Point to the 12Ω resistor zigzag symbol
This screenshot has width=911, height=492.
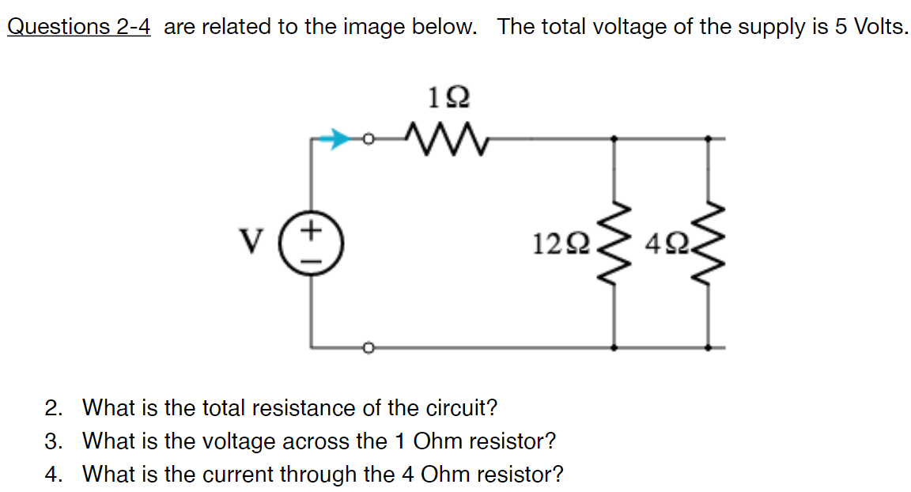(x=616, y=244)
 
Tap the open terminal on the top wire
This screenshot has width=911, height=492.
(x=366, y=139)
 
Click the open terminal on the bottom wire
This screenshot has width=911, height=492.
(x=366, y=347)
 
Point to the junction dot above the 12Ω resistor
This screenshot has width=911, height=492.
(x=616, y=139)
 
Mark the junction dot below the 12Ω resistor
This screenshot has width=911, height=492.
(x=616, y=347)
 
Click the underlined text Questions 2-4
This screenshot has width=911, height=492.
(x=78, y=27)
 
